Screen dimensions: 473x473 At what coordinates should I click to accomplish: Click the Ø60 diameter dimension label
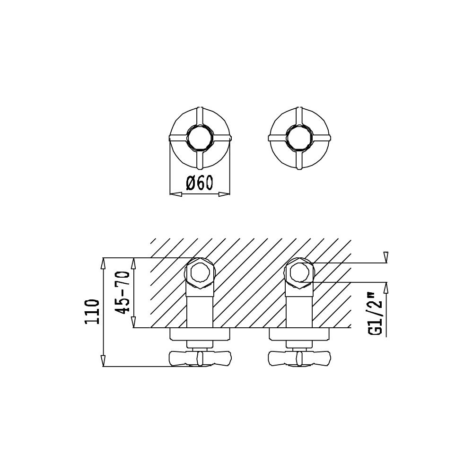coord(200,183)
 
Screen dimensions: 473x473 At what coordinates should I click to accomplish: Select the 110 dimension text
coord(92,312)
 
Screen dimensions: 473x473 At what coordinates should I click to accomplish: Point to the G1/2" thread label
coord(375,313)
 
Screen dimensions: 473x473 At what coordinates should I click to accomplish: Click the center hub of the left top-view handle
coord(199,138)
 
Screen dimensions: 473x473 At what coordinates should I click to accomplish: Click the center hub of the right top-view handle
coord(298,138)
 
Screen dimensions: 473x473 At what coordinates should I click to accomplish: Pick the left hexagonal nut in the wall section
coord(200,273)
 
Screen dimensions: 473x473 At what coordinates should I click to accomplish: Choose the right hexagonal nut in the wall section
coord(299,273)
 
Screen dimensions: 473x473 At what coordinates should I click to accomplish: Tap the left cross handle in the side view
coord(200,358)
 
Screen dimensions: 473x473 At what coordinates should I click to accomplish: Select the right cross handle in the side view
coord(299,358)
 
